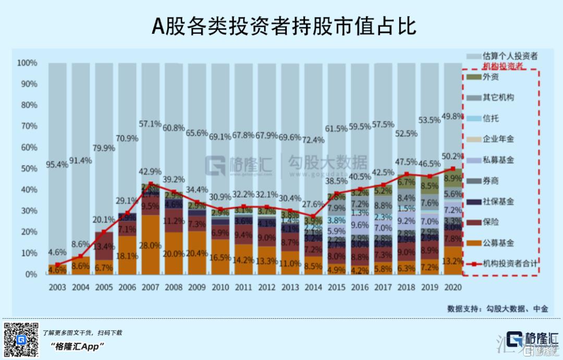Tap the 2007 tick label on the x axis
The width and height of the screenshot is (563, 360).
pyautogui.click(x=150, y=287)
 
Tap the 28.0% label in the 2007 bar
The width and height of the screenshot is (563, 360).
pyautogui.click(x=150, y=246)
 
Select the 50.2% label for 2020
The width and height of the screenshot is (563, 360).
pyautogui.click(x=452, y=156)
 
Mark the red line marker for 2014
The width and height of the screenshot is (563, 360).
pyautogui.click(x=312, y=216)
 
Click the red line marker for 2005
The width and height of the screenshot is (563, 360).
pyautogui.click(x=104, y=232)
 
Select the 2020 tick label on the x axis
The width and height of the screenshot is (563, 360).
pyautogui.click(x=452, y=287)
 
